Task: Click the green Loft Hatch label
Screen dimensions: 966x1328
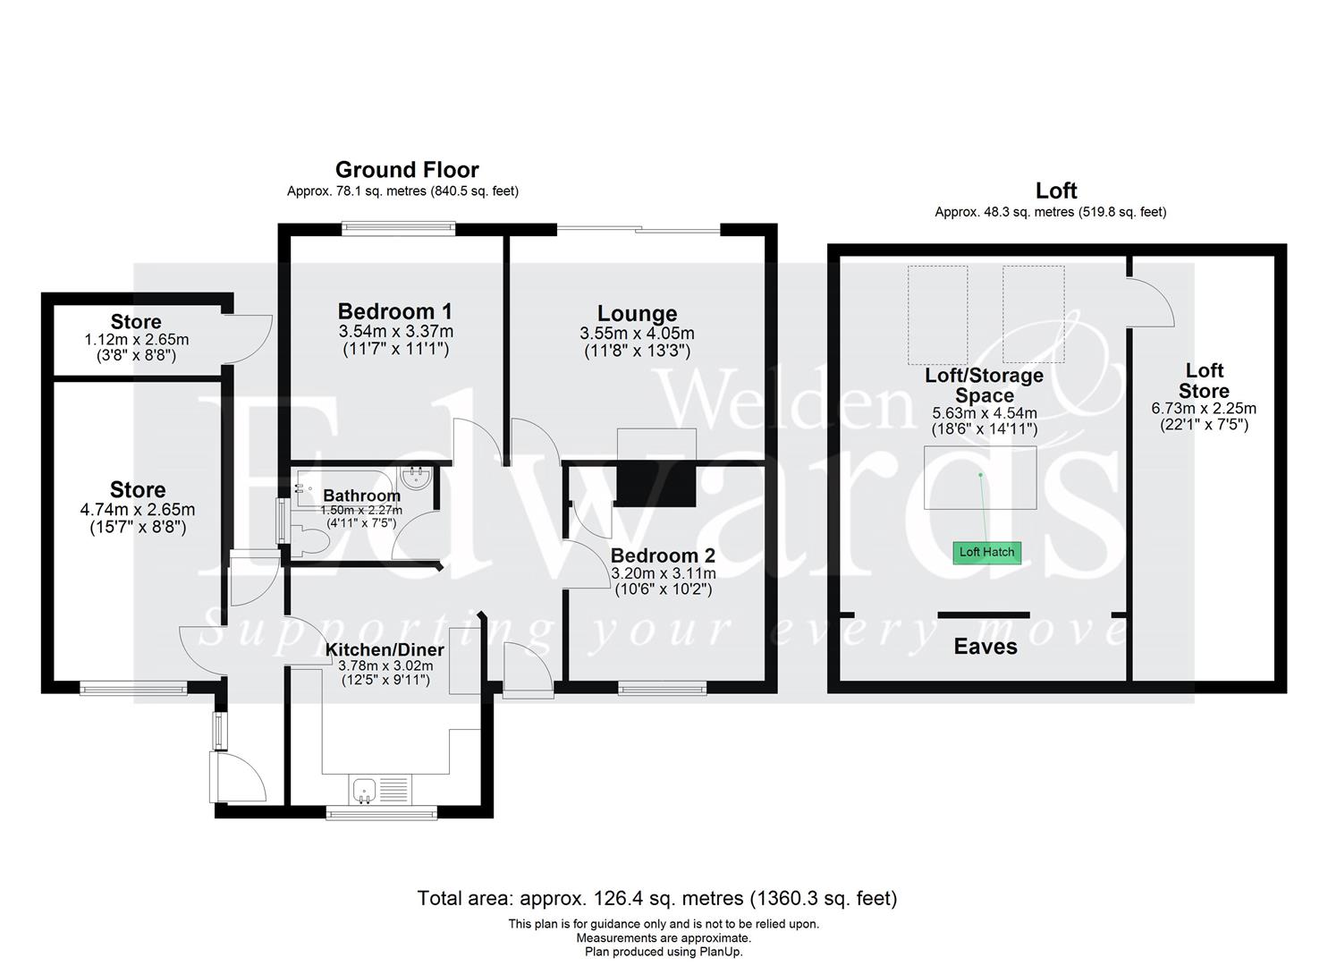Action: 986,552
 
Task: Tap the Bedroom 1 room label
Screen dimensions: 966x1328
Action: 394,311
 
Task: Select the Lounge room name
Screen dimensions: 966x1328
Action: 637,314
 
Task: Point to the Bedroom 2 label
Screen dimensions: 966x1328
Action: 663,555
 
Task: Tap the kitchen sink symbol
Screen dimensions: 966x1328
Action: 363,789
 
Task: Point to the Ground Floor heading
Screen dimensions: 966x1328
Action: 407,170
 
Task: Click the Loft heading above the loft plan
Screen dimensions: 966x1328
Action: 1056,191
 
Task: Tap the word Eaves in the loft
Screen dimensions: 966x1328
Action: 985,647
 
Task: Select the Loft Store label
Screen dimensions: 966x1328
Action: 1204,381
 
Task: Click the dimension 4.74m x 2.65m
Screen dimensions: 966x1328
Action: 138,510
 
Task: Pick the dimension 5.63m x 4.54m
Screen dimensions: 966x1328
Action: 985,413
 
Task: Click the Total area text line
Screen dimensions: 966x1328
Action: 656,898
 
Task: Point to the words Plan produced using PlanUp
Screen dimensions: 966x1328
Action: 664,952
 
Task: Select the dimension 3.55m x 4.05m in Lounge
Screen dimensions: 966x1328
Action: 637,334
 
